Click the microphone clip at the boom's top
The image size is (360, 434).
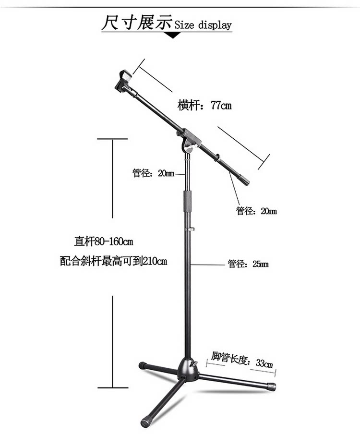pos(124,82)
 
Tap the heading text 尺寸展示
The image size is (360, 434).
pos(136,23)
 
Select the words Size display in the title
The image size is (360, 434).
pos(202,25)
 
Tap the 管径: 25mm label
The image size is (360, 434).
pos(248,264)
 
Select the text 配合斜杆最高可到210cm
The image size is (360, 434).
pos(113,262)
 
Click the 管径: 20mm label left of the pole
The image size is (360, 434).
pos(153,173)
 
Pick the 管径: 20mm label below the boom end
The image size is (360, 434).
pos(256,211)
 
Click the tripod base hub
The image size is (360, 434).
pos(188,370)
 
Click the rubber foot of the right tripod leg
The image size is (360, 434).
pos(271,386)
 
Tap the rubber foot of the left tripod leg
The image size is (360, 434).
pos(143,366)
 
